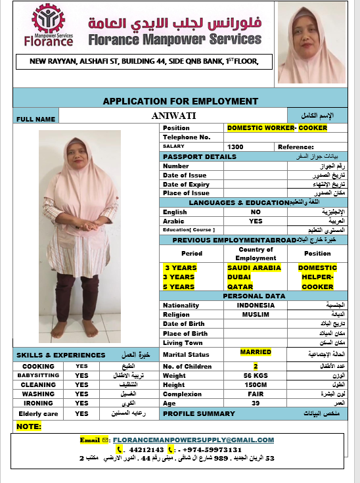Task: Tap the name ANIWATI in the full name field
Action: (x=178, y=116)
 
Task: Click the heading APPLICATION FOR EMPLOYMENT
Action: (x=180, y=101)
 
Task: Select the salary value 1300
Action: (x=235, y=147)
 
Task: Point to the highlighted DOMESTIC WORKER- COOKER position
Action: (x=277, y=128)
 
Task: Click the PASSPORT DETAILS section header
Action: (x=200, y=157)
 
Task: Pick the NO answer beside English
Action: (x=256, y=212)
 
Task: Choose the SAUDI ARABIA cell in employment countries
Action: (x=254, y=268)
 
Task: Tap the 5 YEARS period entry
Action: (x=179, y=287)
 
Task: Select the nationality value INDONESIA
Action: (x=256, y=306)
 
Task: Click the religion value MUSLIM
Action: (x=256, y=315)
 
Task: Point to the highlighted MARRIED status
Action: (x=256, y=352)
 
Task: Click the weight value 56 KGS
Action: (x=256, y=375)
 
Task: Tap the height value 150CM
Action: (x=256, y=385)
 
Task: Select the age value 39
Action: (x=256, y=403)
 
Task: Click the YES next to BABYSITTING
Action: (x=81, y=375)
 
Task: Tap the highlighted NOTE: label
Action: (x=29, y=426)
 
